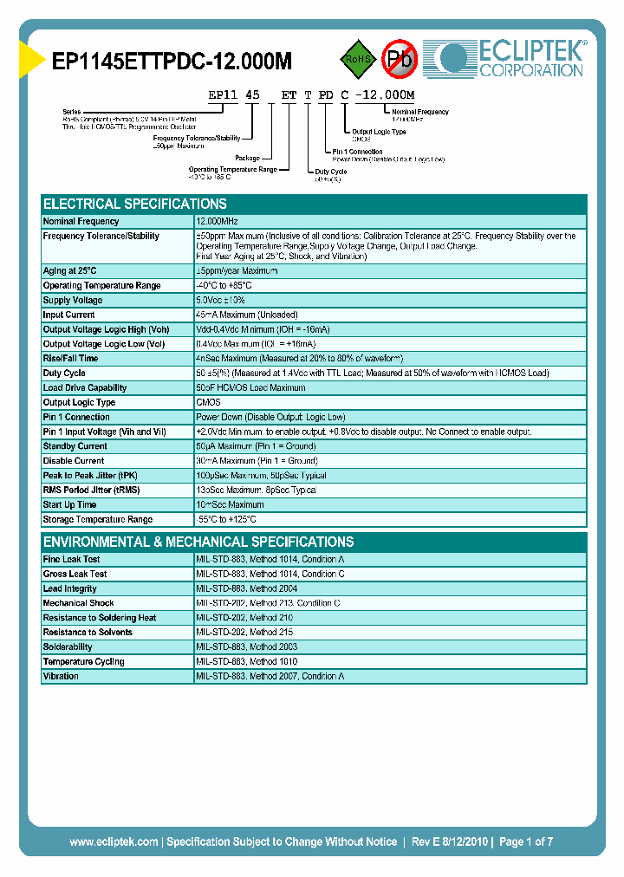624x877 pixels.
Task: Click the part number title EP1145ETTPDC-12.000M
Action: (x=172, y=61)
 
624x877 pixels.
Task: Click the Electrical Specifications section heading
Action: (x=135, y=205)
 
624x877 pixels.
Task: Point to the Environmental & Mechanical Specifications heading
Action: (x=198, y=542)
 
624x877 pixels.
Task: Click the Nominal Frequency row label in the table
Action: (x=81, y=222)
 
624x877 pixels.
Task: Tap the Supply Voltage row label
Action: (x=73, y=300)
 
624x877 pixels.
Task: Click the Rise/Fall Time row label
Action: (x=70, y=358)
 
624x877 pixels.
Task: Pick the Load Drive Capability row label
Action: (x=85, y=387)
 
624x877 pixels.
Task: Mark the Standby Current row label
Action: (x=75, y=446)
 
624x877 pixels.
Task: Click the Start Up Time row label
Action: (x=69, y=504)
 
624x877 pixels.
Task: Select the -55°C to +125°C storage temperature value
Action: (x=227, y=519)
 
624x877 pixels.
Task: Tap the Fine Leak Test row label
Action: (x=72, y=559)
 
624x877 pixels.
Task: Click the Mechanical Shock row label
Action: (x=78, y=603)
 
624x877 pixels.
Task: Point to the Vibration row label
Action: (x=61, y=676)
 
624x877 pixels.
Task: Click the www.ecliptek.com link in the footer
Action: (x=114, y=841)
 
